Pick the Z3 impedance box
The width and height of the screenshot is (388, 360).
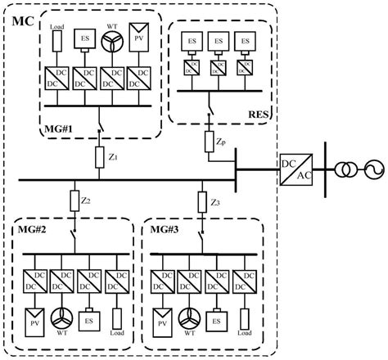pyautogui.click(x=201, y=202)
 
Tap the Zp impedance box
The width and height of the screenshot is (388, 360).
pyautogui.click(x=211, y=142)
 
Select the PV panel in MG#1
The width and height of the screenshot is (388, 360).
pyautogui.click(x=140, y=38)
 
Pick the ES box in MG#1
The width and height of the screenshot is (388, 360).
pyautogui.click(x=85, y=38)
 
